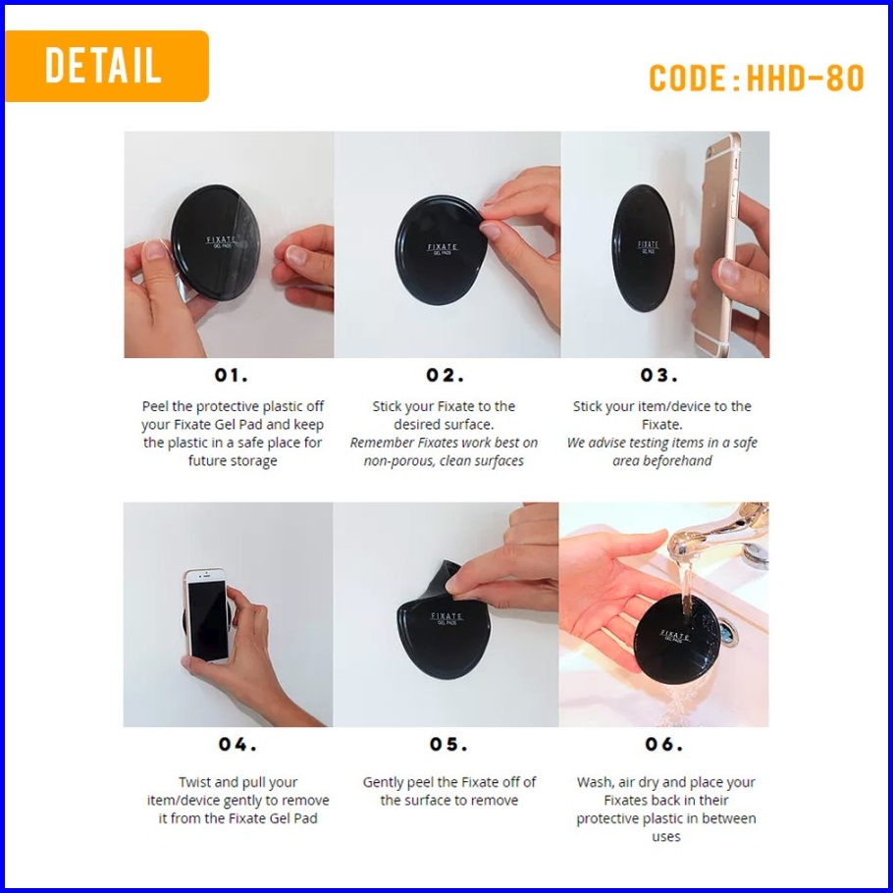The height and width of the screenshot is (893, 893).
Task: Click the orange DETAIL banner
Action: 107,66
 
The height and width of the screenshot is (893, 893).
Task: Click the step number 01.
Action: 232,375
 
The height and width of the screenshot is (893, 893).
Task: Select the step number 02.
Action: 445,375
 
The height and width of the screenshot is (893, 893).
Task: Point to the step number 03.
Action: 658,375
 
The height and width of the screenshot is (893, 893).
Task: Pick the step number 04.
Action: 237,745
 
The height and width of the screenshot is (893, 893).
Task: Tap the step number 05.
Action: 448,745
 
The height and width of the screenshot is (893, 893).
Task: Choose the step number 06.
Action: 664,745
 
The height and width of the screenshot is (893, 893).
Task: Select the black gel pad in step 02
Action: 441,250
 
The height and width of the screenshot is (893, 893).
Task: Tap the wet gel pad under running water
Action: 675,638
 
